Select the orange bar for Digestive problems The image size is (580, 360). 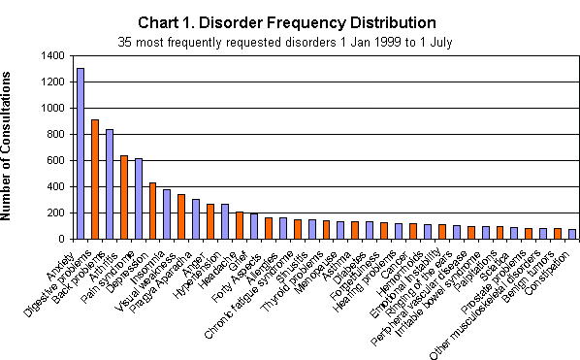[94, 180]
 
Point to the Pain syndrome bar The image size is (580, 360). [138, 199]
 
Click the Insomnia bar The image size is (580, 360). [166, 214]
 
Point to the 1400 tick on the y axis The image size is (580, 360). [54, 55]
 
